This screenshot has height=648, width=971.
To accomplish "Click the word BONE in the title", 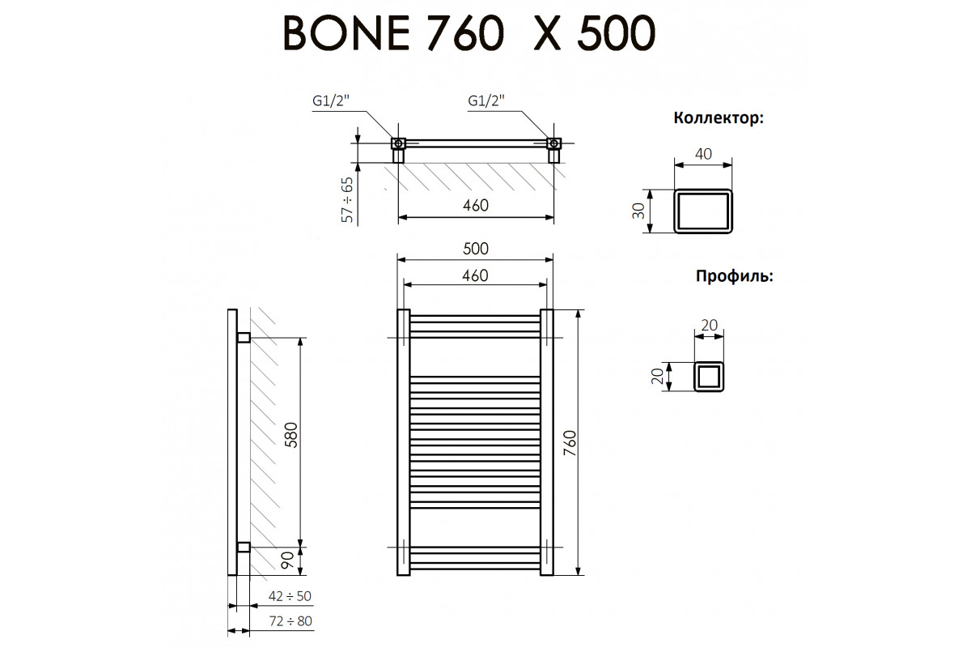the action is click(x=346, y=33).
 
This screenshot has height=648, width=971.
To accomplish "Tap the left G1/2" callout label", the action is click(x=331, y=101).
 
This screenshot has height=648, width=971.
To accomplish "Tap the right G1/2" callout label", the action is click(x=486, y=101).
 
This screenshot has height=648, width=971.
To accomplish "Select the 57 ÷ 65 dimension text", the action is click(x=347, y=199).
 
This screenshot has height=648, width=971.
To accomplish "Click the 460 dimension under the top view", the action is click(x=476, y=205).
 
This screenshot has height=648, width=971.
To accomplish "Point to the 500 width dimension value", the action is click(x=476, y=249).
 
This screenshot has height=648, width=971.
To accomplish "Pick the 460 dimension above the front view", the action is click(x=475, y=275).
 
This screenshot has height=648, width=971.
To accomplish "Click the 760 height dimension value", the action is click(x=570, y=443).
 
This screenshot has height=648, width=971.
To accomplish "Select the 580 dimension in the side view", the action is click(x=292, y=435).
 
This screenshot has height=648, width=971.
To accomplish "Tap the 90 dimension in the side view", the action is click(x=287, y=561).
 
